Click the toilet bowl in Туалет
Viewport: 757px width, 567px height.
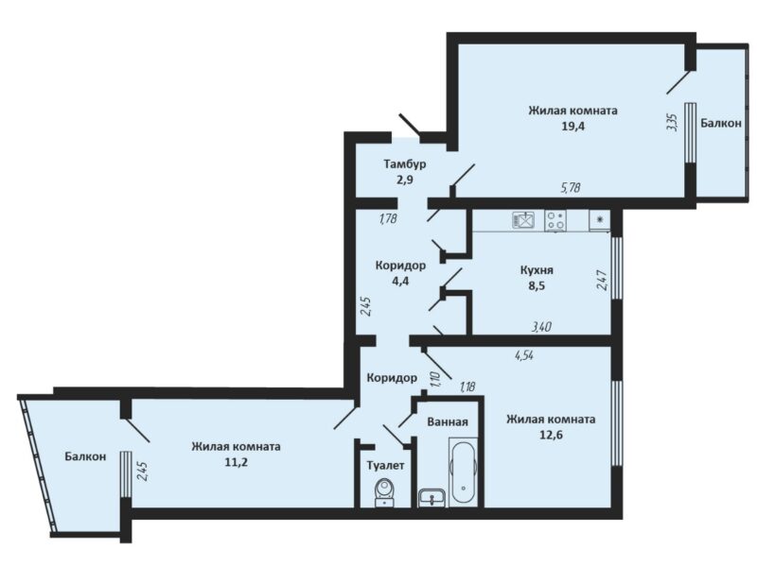(x=385, y=491)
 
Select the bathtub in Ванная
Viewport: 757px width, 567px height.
(x=464, y=472)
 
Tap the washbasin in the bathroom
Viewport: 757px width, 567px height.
(x=432, y=498)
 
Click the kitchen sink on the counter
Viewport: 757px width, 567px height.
(x=523, y=221)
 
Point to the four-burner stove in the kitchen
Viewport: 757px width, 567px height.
(x=555, y=221)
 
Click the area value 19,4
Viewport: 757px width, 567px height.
(x=573, y=127)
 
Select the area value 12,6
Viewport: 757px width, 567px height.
(x=551, y=436)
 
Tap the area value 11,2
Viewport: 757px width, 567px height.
(x=236, y=462)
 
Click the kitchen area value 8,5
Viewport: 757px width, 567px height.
(x=537, y=285)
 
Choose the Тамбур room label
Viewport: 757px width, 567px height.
(x=405, y=164)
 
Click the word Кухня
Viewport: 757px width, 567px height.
(x=537, y=270)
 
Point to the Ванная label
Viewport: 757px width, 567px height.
(x=448, y=421)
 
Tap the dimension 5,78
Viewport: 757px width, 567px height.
(x=571, y=187)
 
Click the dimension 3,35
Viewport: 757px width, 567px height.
(x=673, y=122)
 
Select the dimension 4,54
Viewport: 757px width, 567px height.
(x=524, y=356)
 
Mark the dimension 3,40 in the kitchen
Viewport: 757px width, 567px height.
(x=541, y=327)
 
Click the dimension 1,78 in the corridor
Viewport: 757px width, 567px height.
(x=388, y=218)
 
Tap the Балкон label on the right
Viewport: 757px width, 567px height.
(x=721, y=123)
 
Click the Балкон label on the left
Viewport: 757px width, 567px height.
(x=85, y=456)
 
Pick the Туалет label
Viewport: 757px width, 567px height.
(x=385, y=466)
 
